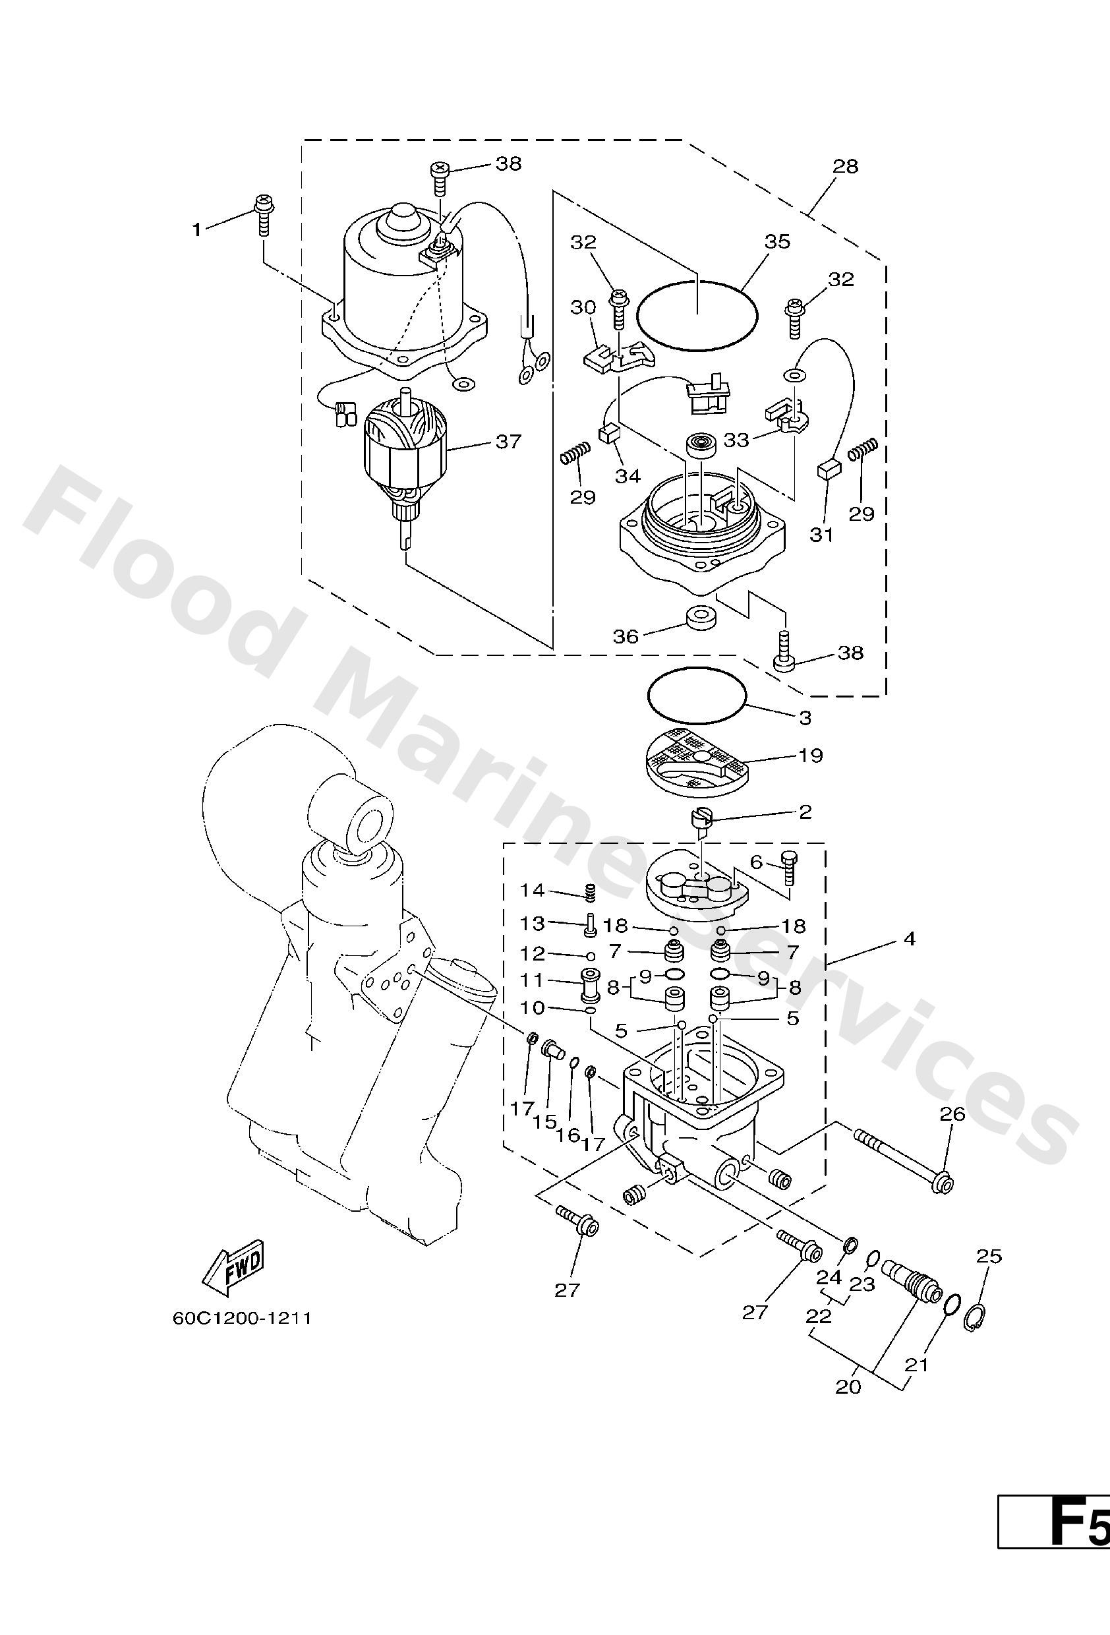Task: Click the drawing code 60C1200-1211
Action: pos(241,1318)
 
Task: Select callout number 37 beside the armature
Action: pos(508,442)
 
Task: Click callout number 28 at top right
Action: pos(846,167)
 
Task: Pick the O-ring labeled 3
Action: pos(697,694)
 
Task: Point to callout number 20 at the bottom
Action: pos(848,1386)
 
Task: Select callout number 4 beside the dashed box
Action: pos(910,939)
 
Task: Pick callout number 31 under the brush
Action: pos(821,535)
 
